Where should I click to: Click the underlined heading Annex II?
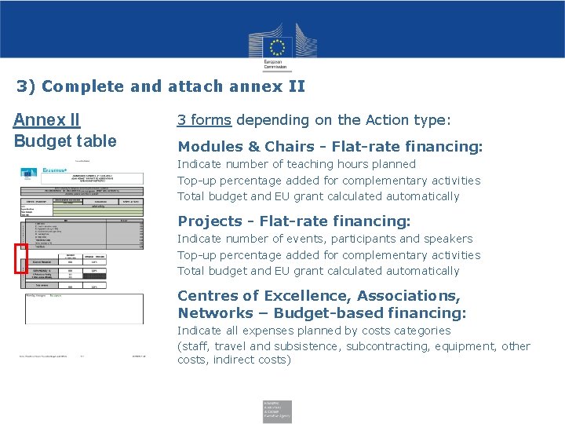pos(46,120)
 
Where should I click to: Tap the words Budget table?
pos(65,141)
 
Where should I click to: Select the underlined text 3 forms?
pos(204,120)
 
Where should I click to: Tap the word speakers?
pos(446,239)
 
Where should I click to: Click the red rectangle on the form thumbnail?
pos(21,258)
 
